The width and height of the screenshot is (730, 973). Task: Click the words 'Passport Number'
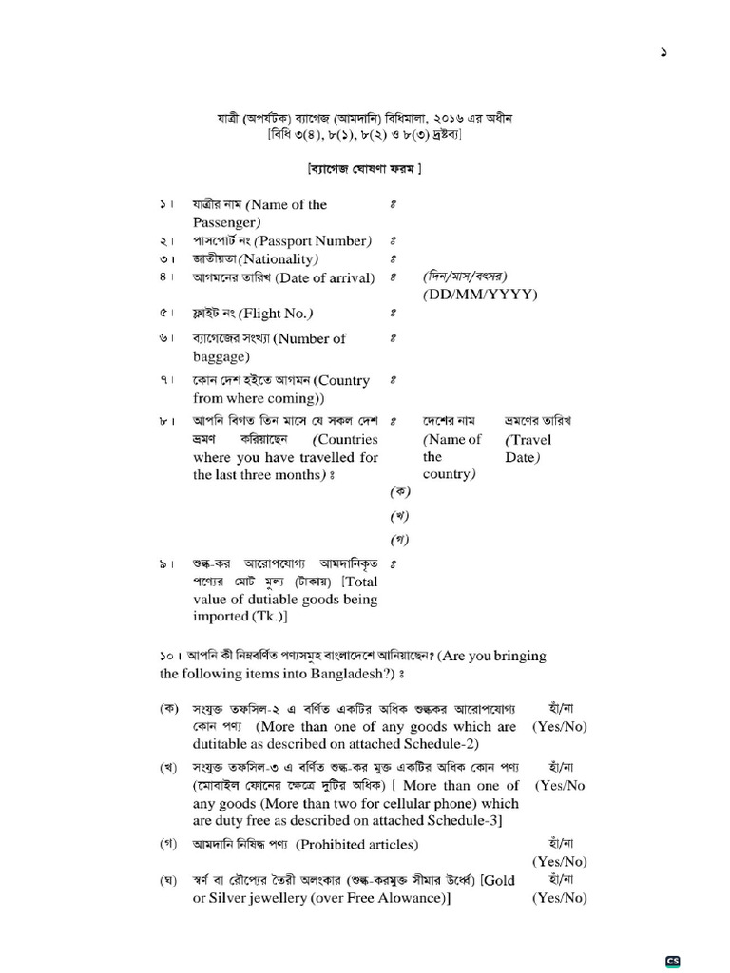[313, 240]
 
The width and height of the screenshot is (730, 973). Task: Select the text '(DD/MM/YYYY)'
[480, 295]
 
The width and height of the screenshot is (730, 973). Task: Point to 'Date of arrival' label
[322, 277]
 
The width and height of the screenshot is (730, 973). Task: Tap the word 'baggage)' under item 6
[221, 356]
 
